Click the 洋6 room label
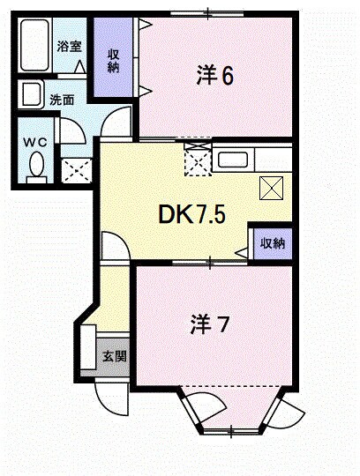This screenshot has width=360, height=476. click(214, 76)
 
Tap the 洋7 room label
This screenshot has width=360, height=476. click(211, 324)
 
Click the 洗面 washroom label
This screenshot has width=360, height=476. click(62, 100)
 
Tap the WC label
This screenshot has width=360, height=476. click(34, 142)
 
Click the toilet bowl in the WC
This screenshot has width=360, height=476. click(37, 164)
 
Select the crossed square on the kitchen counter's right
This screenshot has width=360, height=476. click(271, 187)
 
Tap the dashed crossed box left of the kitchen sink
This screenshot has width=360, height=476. click(196, 160)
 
